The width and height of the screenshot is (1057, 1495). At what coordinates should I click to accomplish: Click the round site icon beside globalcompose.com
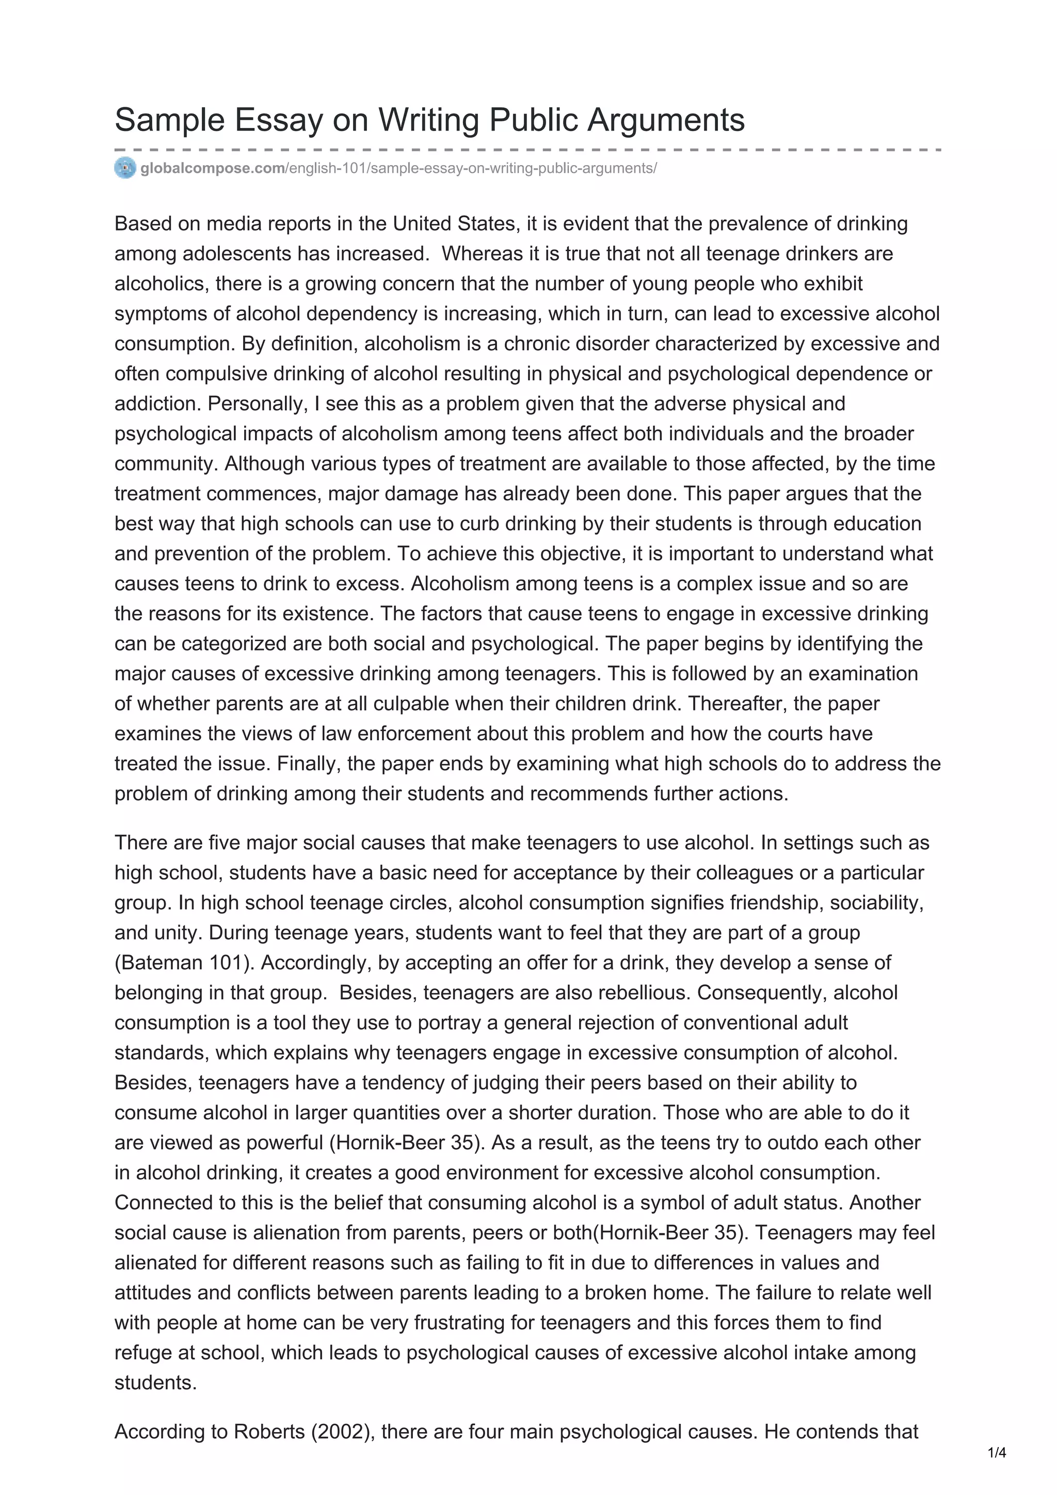(x=125, y=168)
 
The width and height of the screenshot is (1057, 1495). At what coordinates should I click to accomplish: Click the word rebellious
(x=644, y=993)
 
